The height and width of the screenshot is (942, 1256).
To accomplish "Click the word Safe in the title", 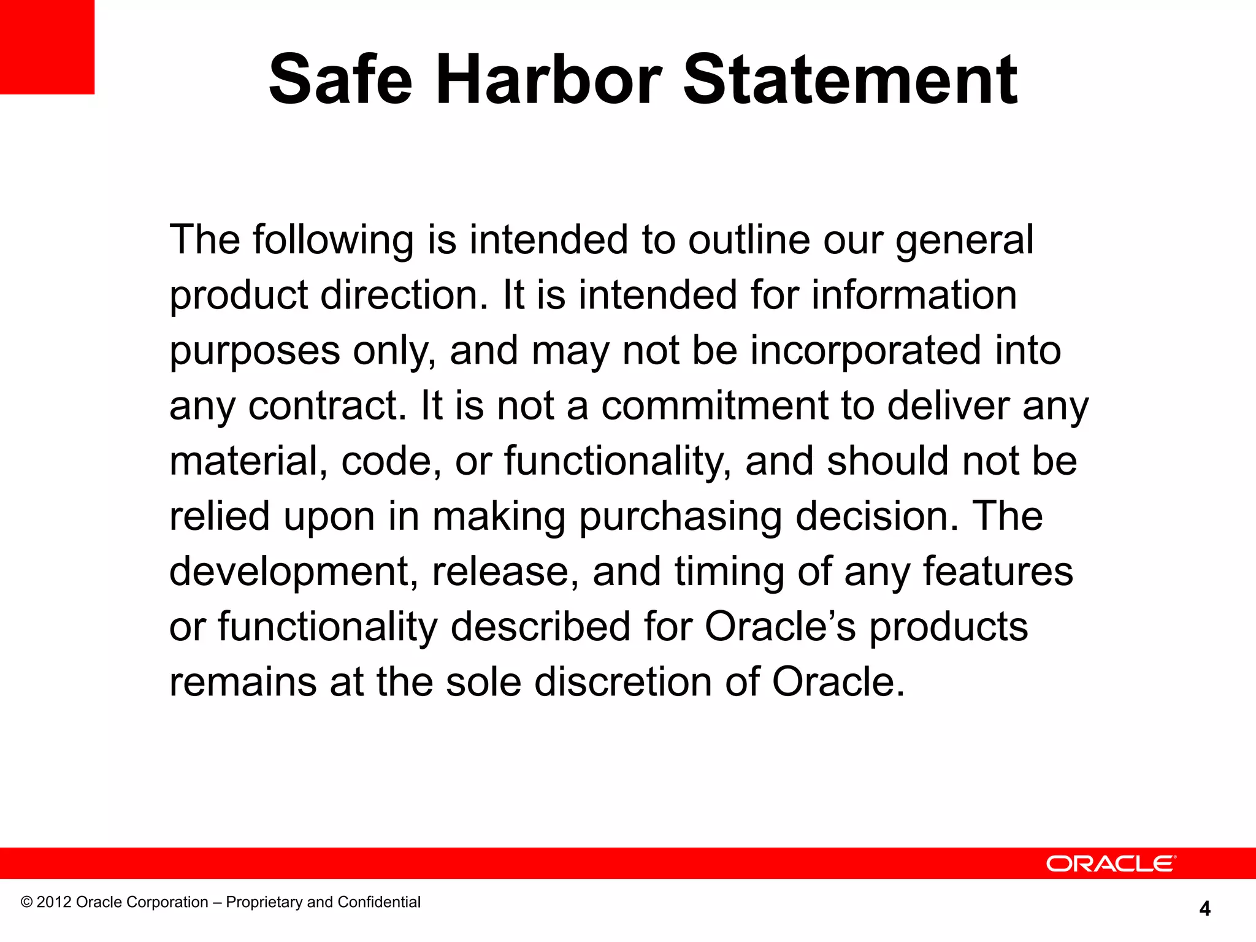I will pos(340,80).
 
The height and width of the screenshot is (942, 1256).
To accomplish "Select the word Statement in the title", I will pos(850,80).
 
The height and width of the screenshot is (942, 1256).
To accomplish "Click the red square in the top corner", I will pos(47,47).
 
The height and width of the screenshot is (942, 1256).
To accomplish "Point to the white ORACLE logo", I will pos(1111,863).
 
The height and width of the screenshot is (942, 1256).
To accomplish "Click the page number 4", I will pos(1204,908).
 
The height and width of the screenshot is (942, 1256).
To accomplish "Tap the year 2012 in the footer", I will pos(54,902).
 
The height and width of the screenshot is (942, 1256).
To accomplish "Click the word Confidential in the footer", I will pos(379,902).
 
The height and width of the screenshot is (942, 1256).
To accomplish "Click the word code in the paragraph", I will pos(387,461).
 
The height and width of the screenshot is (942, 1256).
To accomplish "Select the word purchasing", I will pos(680,517).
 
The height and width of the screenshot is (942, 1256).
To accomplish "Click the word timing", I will pos(729,572).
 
